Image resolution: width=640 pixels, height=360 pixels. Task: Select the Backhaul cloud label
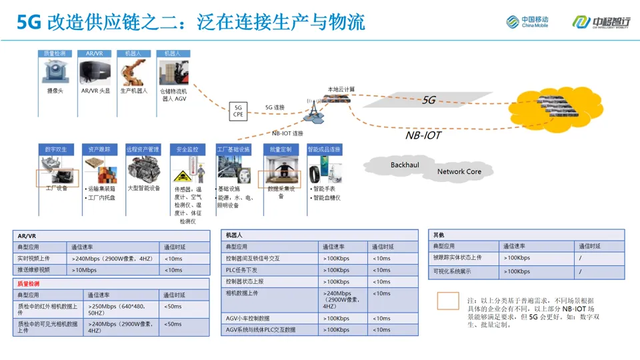pyautogui.click(x=405, y=165)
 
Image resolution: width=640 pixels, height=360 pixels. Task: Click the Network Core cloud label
pyautogui.click(x=459, y=171)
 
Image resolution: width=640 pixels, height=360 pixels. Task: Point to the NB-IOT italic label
pyautogui.click(x=423, y=135)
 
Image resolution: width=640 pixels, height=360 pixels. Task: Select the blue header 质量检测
pyautogui.click(x=55, y=53)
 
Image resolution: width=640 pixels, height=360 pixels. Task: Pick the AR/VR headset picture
pyautogui.click(x=95, y=72)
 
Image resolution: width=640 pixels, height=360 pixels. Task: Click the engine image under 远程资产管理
pyautogui.click(x=143, y=171)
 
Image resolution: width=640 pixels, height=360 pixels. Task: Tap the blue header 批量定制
pyautogui.click(x=281, y=149)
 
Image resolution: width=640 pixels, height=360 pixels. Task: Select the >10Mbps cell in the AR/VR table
pyautogui.click(x=85, y=270)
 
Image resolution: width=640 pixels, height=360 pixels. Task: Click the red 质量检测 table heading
pyautogui.click(x=29, y=283)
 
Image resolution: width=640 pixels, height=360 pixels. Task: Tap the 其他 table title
pyautogui.click(x=439, y=235)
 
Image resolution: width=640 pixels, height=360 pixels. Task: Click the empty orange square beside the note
pyautogui.click(x=448, y=301)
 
